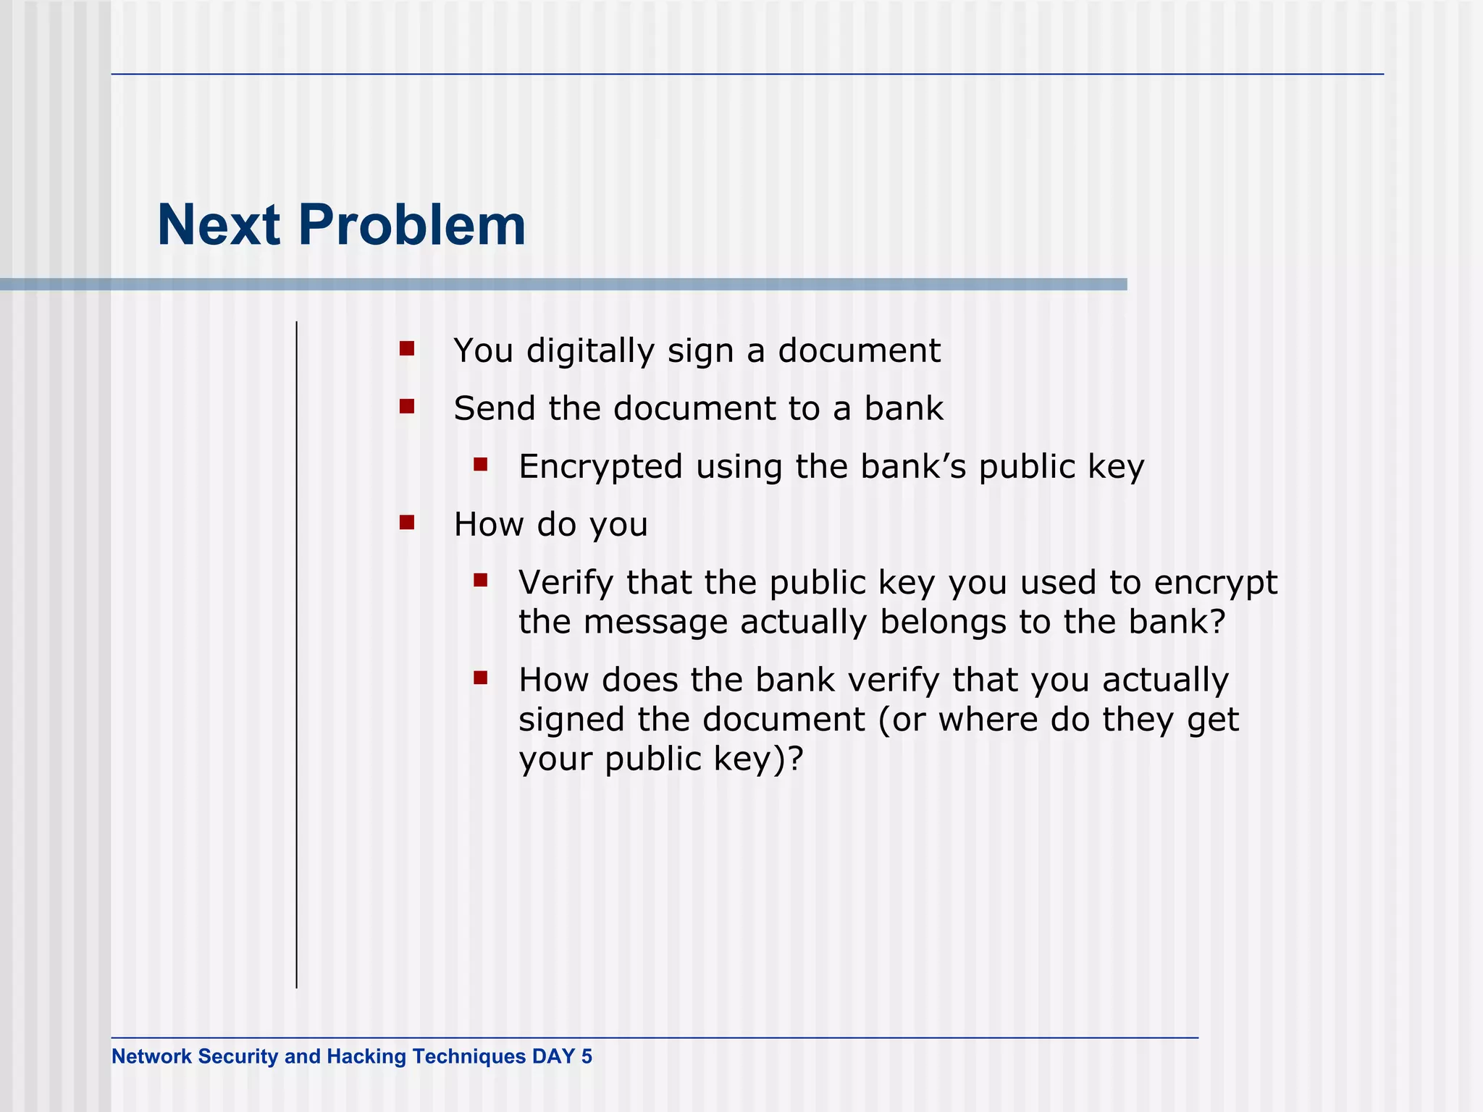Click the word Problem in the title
click(411, 226)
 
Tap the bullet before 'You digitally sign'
click(407, 350)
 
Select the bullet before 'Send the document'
click(407, 407)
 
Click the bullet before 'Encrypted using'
click(481, 464)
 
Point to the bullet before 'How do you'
click(407, 523)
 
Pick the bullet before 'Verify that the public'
click(481, 580)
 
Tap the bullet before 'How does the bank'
click(481, 678)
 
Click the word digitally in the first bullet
click(590, 351)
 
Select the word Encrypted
click(600, 467)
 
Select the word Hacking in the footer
click(366, 1056)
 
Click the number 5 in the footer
click(587, 1056)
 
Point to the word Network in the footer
click(151, 1056)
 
